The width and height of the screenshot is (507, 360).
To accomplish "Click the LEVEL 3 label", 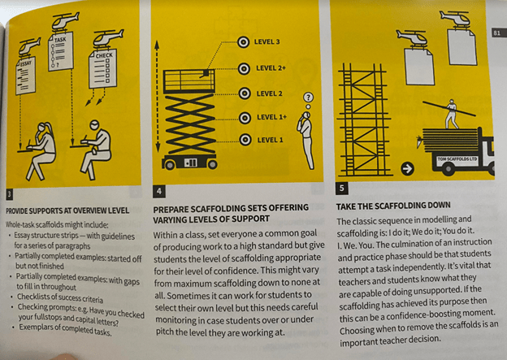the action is coord(266,41).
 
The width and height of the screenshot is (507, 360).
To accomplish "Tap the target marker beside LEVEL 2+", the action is coord(244,68).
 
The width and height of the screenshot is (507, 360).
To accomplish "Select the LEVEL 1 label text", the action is coord(270,140).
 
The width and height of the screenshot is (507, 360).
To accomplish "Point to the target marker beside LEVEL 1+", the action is coord(245,118).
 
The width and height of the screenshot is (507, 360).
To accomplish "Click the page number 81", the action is coord(497,33).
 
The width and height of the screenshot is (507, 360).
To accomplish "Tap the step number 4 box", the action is coord(159,191).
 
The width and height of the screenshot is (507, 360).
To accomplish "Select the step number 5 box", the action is coord(342,188).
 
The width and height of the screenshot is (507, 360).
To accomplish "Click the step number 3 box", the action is coord(10,194).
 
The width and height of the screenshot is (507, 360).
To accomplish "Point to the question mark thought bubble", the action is coord(308,97).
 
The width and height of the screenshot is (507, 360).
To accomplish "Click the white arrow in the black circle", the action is coord(407,168).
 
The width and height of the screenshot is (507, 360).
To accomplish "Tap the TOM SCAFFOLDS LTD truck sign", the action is coord(457,159).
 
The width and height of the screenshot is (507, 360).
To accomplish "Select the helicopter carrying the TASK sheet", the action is coord(65,21).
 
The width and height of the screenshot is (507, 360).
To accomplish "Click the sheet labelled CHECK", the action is coord(103,68).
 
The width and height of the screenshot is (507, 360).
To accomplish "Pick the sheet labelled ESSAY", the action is coord(26,76).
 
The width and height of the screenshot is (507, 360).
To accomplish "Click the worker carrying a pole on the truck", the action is coord(452,114).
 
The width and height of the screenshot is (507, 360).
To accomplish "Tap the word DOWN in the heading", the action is coord(439,205).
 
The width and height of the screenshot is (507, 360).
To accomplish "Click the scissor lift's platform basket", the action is coord(188,81).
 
